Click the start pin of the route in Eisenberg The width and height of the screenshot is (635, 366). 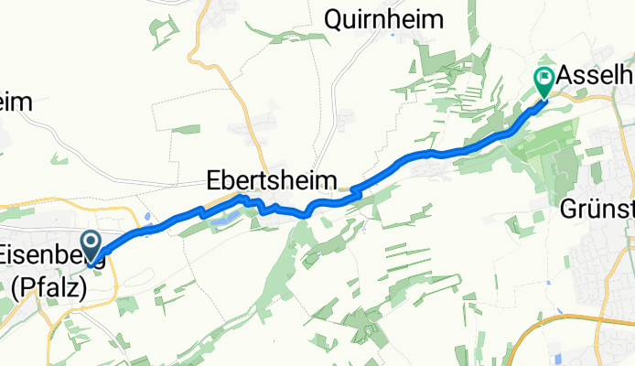click(x=92, y=243)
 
